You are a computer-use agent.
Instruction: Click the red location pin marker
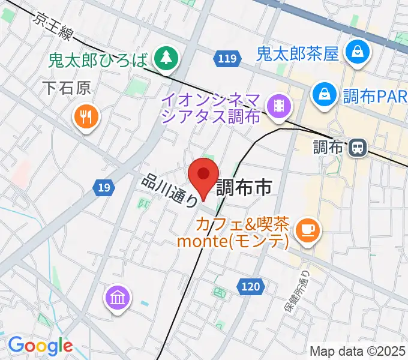203,175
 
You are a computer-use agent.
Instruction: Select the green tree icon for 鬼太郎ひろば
163,58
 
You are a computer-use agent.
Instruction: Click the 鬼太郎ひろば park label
98,59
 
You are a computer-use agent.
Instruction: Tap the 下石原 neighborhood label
67,89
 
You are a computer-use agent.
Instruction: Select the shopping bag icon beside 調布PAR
324,94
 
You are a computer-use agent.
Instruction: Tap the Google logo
40,346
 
